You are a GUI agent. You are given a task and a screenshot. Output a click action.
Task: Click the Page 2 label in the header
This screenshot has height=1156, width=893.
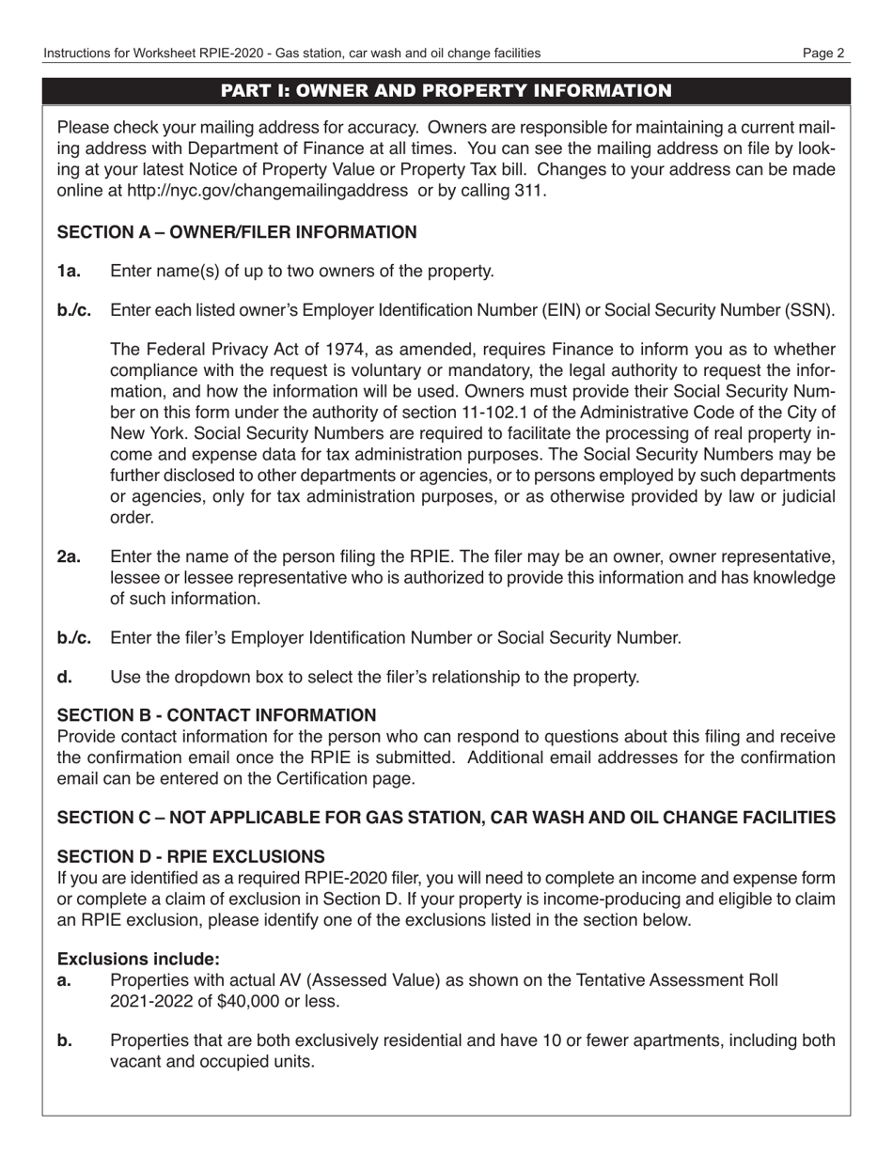click(x=823, y=54)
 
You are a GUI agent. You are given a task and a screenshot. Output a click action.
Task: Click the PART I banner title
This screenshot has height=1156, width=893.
click(x=446, y=90)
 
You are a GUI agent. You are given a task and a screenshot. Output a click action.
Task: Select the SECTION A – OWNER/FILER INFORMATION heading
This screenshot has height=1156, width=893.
click(x=237, y=232)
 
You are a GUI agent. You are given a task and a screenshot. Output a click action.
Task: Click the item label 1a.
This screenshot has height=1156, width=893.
click(x=69, y=272)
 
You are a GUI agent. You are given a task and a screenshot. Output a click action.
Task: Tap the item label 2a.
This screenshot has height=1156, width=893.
click(x=69, y=557)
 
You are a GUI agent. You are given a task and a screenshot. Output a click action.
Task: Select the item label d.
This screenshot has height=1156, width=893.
click(x=64, y=677)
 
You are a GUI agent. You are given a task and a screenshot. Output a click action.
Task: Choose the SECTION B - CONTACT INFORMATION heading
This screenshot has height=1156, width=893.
click(x=216, y=715)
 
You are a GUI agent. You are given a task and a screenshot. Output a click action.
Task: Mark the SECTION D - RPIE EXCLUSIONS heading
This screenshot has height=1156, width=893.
click(x=192, y=856)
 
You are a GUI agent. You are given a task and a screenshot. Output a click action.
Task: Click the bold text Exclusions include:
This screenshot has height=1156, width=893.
click(x=138, y=959)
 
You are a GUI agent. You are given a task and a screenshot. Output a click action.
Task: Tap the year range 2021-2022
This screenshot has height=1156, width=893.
click(x=149, y=1001)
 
